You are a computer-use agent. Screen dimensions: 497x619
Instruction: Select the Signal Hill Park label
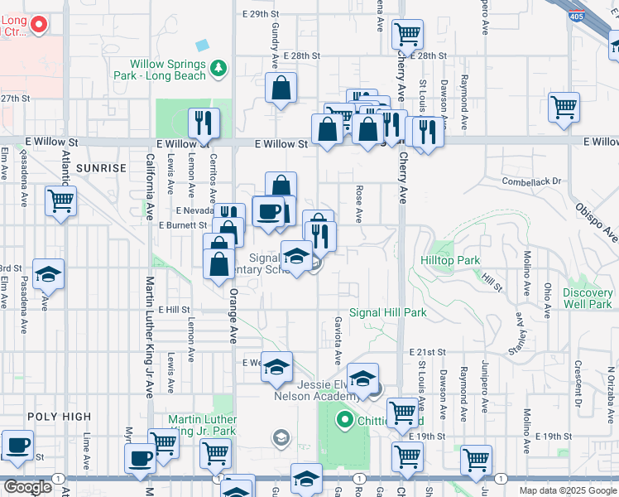(x=387, y=312)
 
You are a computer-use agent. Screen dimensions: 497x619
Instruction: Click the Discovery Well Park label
(x=587, y=298)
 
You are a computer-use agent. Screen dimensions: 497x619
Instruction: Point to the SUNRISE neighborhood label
(x=101, y=167)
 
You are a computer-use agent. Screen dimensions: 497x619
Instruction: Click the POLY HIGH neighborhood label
(x=55, y=417)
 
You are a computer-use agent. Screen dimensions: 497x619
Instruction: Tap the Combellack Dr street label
(x=531, y=181)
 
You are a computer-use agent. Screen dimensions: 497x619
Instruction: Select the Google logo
(x=27, y=486)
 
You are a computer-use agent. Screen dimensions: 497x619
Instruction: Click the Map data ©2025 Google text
(x=568, y=490)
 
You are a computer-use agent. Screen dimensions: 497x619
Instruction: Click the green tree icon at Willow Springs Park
(x=218, y=68)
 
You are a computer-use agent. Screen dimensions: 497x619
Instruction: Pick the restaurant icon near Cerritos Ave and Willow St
(x=203, y=123)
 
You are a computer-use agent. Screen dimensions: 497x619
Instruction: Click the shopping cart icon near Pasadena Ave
(x=60, y=200)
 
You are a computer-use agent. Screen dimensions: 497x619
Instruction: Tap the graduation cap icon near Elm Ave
(x=49, y=275)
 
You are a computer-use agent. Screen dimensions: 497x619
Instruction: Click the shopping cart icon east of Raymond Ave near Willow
(x=564, y=107)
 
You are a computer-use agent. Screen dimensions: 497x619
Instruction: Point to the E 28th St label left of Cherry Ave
(x=300, y=55)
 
